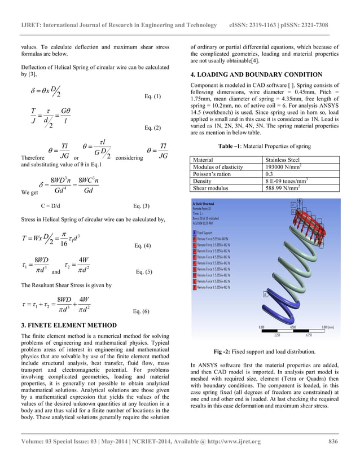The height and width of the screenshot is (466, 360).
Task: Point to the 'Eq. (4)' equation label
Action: point(141,246)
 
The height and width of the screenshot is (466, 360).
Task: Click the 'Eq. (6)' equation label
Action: point(141,311)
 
